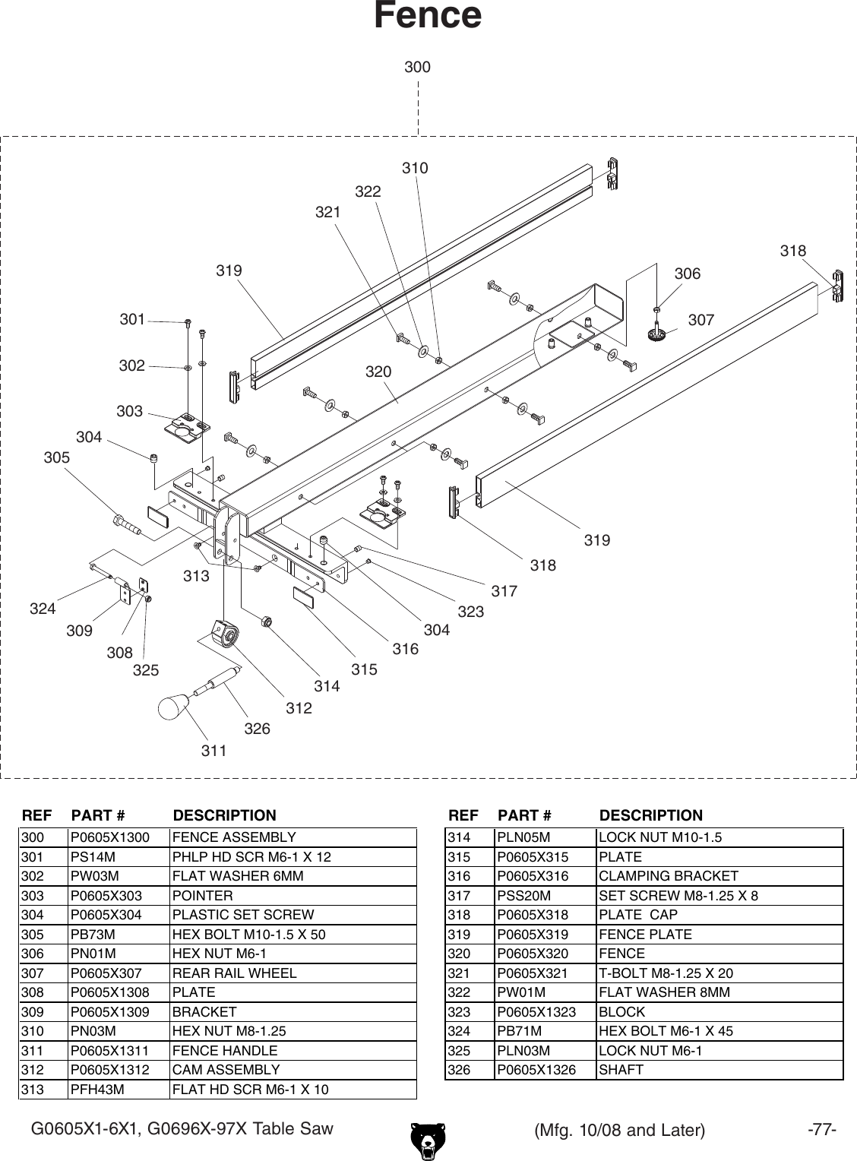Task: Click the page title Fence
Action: coord(427,16)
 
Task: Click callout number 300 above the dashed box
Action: coord(417,67)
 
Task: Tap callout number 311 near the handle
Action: coord(214,751)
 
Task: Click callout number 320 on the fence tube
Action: coord(378,372)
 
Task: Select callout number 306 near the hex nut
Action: coord(688,274)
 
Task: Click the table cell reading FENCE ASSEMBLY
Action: coord(234,837)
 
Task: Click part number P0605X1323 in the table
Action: coord(536,1011)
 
